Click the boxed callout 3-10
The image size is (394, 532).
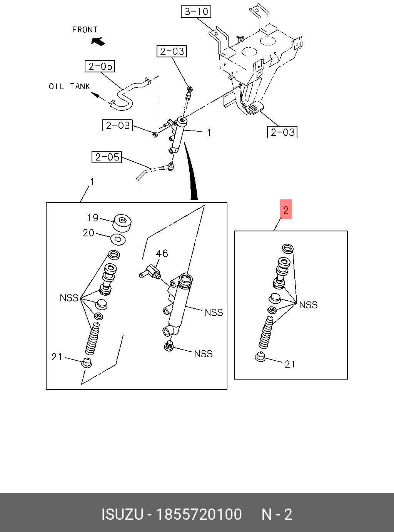click(196, 12)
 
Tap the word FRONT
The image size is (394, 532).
click(85, 30)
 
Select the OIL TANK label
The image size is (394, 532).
click(69, 87)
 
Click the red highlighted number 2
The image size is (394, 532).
click(286, 210)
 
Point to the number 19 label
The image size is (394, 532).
click(93, 218)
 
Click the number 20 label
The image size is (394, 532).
click(88, 233)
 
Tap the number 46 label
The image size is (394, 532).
click(162, 253)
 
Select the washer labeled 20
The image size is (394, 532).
click(118, 239)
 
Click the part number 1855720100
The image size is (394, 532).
click(199, 514)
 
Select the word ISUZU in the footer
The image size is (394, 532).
click(122, 514)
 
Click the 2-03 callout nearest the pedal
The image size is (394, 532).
click(282, 132)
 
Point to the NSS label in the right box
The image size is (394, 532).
click(308, 305)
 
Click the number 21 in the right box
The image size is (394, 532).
click(290, 364)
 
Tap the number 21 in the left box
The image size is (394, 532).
click(57, 357)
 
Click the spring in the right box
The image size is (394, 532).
click(266, 331)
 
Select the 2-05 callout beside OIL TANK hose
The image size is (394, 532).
click(100, 66)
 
